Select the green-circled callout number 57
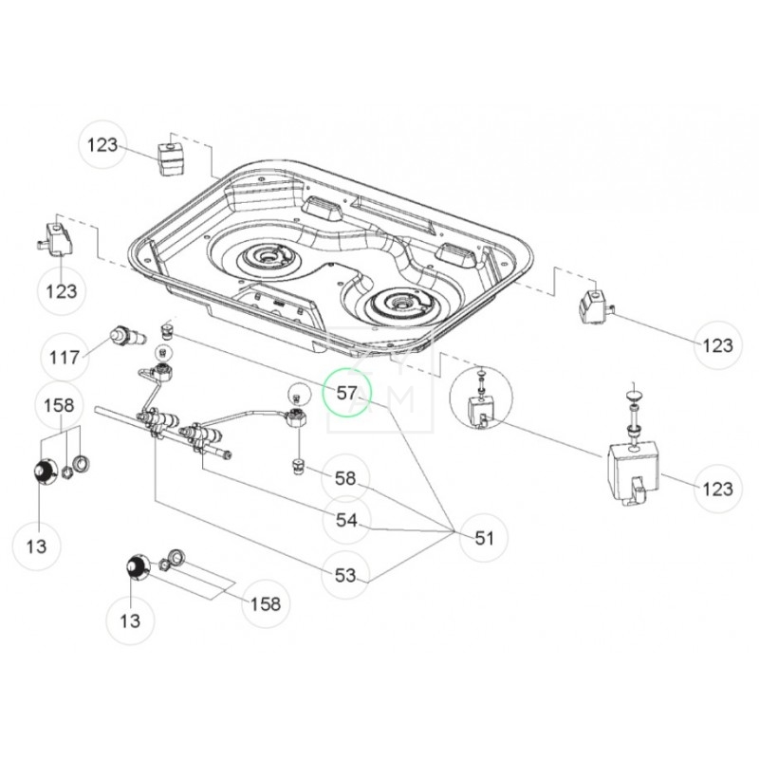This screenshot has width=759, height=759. [347, 393]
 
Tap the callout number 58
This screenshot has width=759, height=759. [346, 480]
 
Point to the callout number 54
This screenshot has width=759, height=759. [346, 521]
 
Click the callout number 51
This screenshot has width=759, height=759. [484, 538]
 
